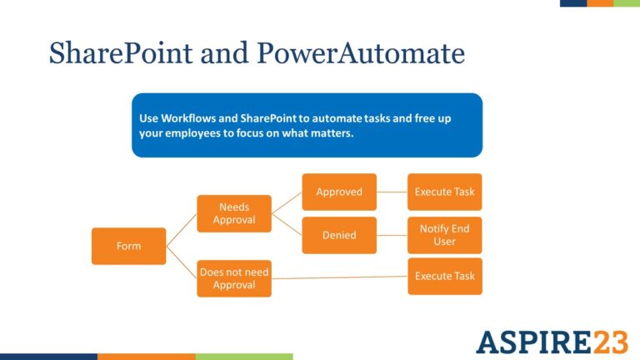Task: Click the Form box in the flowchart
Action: click(x=128, y=246)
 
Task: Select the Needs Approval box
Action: click(x=234, y=213)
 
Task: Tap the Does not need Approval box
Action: click(x=234, y=278)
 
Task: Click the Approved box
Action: click(x=338, y=192)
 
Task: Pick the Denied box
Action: click(x=338, y=235)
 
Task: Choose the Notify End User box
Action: click(x=444, y=235)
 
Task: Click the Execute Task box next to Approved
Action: click(x=444, y=192)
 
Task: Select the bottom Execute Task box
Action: click(x=444, y=276)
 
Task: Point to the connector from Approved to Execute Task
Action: click(x=392, y=192)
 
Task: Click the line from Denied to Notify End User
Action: click(x=392, y=235)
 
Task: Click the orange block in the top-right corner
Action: click(x=600, y=3)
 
